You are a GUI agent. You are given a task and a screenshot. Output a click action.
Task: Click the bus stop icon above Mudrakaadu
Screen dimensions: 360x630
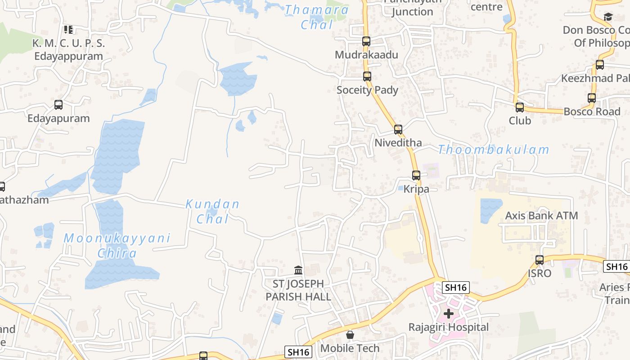[x=366, y=41]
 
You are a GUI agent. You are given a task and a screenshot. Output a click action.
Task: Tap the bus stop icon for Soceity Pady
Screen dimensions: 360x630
[x=367, y=76]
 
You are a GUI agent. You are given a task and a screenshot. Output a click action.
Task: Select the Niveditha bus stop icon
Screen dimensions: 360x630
[x=398, y=130]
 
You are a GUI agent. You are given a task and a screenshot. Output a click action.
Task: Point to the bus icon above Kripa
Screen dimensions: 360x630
[x=416, y=175]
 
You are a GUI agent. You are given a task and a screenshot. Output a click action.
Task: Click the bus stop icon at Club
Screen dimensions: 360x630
[x=520, y=108]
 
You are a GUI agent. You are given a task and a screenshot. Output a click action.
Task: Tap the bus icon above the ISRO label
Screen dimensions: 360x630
[x=540, y=260]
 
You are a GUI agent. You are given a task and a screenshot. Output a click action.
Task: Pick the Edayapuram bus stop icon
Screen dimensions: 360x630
[x=58, y=105]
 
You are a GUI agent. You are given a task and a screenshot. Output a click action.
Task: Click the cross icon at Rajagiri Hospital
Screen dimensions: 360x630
[x=449, y=314]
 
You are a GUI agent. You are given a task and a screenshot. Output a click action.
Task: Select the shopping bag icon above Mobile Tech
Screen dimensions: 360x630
[x=350, y=335]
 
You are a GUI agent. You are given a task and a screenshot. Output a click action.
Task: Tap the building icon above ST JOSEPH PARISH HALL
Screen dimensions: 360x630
[x=298, y=270]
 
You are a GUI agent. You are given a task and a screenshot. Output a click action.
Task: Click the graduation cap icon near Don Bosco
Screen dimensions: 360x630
[x=608, y=17]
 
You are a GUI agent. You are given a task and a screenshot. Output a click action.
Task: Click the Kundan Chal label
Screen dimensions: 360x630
[x=213, y=211]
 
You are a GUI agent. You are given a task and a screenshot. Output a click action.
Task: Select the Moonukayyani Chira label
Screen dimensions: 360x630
[x=117, y=245]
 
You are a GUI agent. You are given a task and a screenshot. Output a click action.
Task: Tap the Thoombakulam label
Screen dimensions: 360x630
[x=494, y=149]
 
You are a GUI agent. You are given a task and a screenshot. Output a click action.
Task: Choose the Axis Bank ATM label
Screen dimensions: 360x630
[x=541, y=216]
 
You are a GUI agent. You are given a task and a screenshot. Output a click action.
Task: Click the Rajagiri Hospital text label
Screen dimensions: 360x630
[x=448, y=327]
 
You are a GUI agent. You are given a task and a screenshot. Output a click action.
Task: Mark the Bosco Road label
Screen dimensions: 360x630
[x=592, y=112]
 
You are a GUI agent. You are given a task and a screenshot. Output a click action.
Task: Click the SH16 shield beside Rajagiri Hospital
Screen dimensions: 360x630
[x=456, y=287]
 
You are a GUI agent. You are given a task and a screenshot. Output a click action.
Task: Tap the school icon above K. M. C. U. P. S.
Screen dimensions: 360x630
[x=68, y=30]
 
